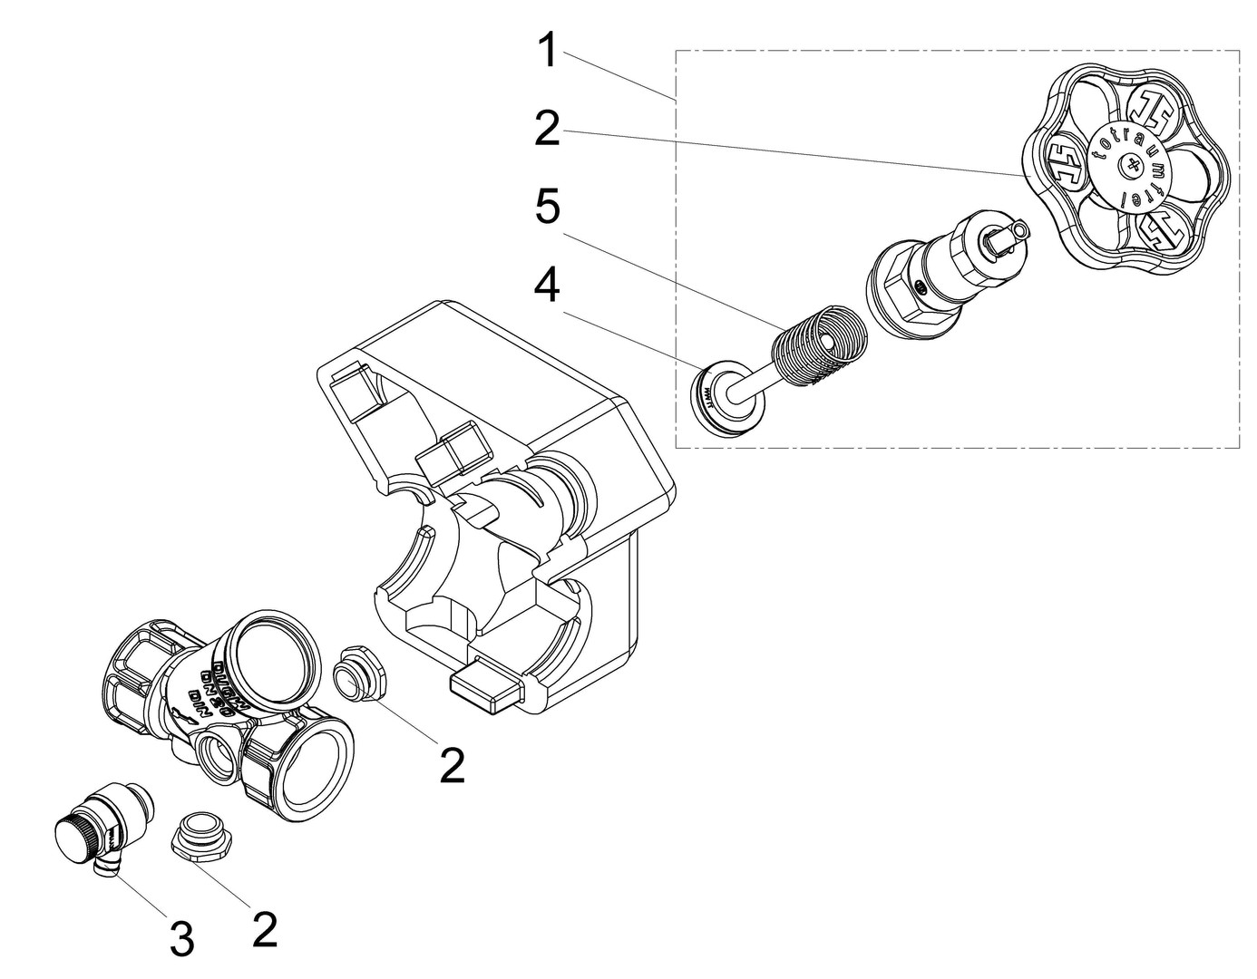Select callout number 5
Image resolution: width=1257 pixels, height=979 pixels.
tap(547, 208)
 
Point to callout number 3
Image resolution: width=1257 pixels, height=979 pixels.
tap(181, 940)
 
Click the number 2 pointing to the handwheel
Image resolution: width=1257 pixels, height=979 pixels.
tap(547, 129)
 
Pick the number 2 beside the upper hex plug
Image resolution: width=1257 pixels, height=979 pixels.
tap(451, 766)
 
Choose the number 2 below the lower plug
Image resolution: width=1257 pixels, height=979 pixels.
tap(264, 930)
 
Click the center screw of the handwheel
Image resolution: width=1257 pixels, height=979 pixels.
tap(1130, 165)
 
